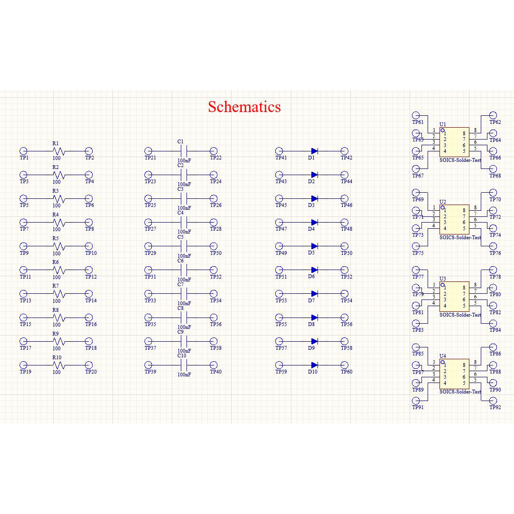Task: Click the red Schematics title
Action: tap(244, 107)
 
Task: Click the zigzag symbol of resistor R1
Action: tap(59, 151)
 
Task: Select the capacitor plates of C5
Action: tap(184, 246)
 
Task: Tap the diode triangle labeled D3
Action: tap(314, 199)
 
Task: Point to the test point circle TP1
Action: tap(23, 151)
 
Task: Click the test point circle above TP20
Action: tap(89, 365)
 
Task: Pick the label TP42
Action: tap(346, 158)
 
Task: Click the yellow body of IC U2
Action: tap(454, 220)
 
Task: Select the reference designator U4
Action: tap(442, 356)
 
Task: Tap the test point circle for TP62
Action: tap(493, 115)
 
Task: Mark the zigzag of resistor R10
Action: tap(59, 365)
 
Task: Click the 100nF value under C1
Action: tap(184, 160)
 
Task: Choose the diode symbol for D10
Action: tap(314, 365)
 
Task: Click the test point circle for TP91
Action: tap(416, 401)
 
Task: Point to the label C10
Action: tap(182, 355)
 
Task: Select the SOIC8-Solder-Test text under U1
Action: tap(460, 160)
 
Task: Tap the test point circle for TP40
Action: tap(214, 365)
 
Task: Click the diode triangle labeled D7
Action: tap(314, 294)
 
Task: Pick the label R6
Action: tap(56, 262)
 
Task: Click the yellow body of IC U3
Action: tap(454, 297)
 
